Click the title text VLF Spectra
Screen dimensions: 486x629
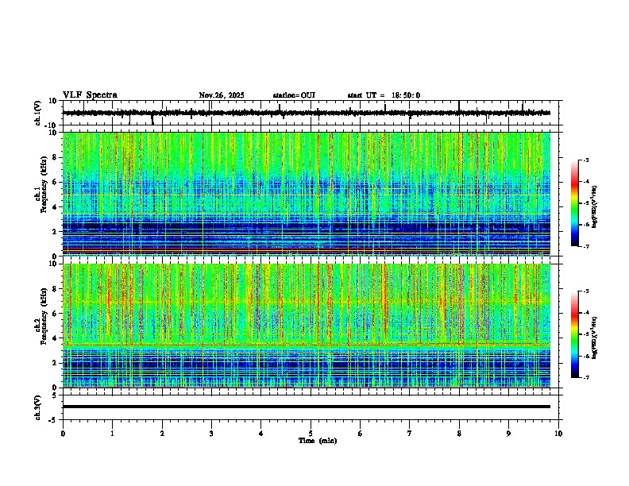click(x=90, y=95)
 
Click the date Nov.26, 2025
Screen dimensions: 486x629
click(x=222, y=95)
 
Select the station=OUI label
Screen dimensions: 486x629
click(x=294, y=95)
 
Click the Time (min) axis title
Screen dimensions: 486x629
click(x=317, y=440)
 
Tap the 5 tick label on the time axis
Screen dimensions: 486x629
click(x=311, y=434)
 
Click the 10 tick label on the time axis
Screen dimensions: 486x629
click(x=558, y=434)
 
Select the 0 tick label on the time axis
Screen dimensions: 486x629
click(x=63, y=434)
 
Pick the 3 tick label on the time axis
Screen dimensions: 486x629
click(x=211, y=434)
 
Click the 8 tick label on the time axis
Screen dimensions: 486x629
click(x=459, y=434)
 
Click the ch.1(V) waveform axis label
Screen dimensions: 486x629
click(x=38, y=113)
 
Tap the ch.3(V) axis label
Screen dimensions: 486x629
click(x=38, y=407)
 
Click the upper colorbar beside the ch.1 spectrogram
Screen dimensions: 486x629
click(x=575, y=203)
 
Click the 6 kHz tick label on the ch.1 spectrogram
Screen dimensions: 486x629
click(x=56, y=182)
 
